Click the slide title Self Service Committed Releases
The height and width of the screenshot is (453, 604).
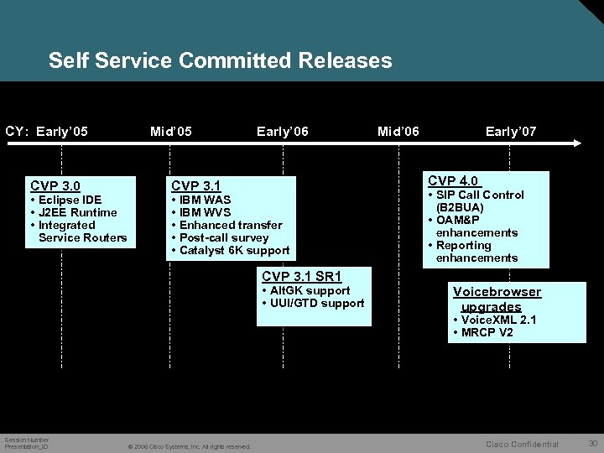pos(220,60)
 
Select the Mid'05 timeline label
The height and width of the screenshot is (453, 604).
pos(170,131)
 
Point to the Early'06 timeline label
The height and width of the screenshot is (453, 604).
pos(283,131)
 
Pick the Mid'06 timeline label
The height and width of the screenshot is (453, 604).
pos(398,131)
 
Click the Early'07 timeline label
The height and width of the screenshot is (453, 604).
pos(511,131)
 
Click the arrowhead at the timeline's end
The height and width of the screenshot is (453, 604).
pos(577,143)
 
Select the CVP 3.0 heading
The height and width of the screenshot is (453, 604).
pos(55,185)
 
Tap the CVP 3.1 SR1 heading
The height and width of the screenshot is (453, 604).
pos(302,276)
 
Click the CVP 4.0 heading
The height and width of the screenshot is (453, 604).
pos(453,180)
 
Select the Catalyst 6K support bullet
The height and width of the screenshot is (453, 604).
pos(234,250)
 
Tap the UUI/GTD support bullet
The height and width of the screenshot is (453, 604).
pos(316,303)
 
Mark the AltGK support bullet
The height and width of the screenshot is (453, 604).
pos(310,290)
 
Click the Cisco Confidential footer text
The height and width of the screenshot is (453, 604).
pos(522,444)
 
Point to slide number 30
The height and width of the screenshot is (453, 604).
pos(592,443)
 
